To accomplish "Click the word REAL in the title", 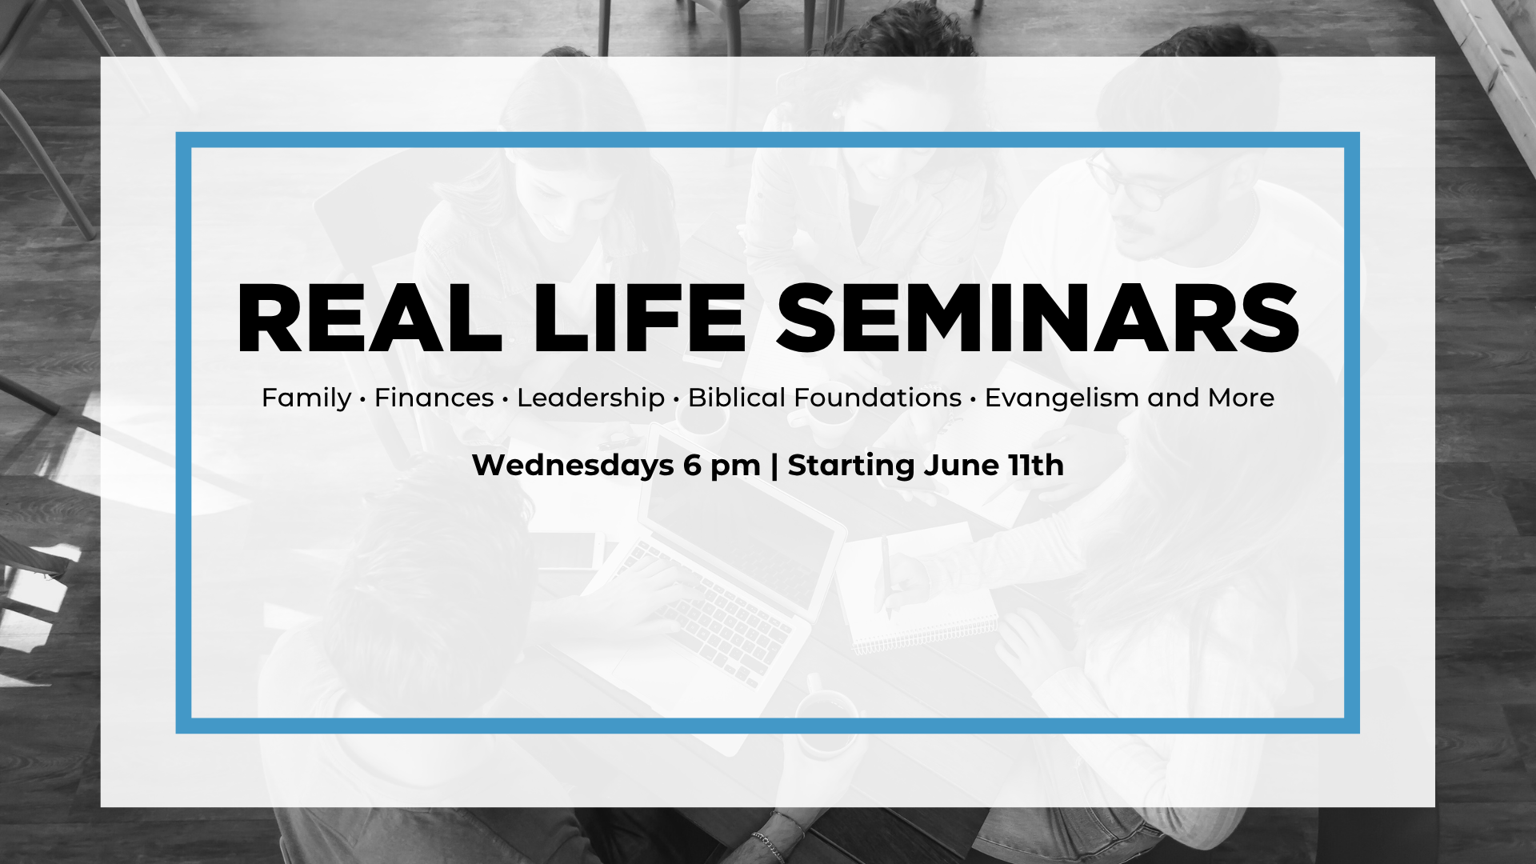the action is click(369, 318).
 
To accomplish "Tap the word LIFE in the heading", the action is click(639, 318).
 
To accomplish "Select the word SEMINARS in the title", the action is click(1038, 318).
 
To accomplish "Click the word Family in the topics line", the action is click(306, 398).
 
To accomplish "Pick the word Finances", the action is click(434, 398).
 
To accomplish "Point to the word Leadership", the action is click(590, 398).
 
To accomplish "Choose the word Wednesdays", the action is click(573, 465).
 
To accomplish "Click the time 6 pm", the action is click(722, 466).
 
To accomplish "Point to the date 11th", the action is click(1036, 465).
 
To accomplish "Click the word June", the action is click(961, 465).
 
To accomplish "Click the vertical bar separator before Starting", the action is click(774, 466).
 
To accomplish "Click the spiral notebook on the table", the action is click(920, 588).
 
